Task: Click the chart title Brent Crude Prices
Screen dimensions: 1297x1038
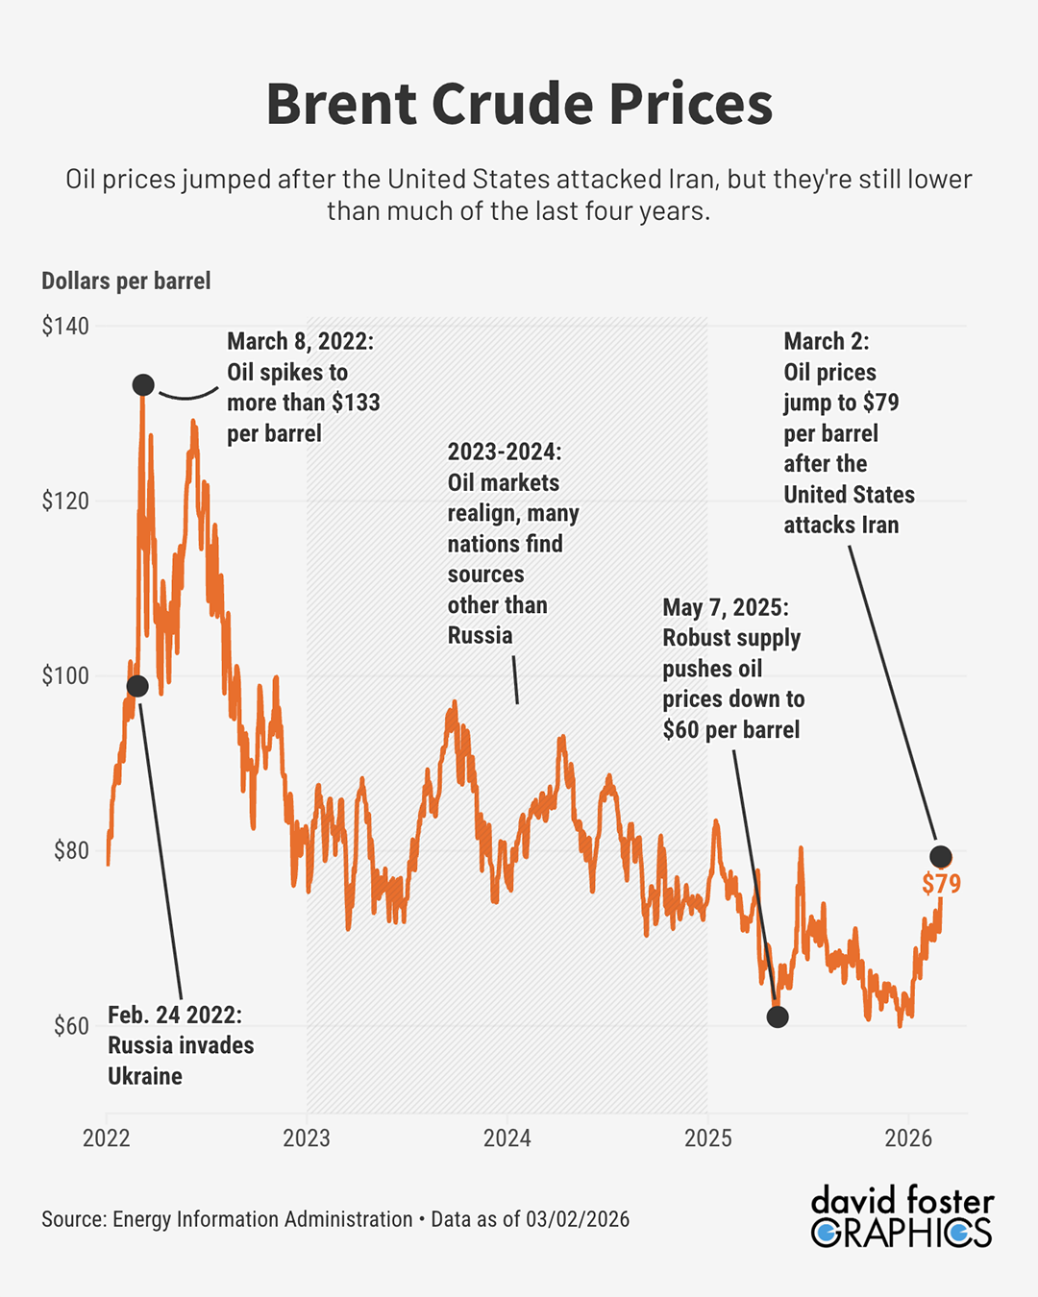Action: click(519, 104)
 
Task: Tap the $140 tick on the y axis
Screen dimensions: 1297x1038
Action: click(65, 327)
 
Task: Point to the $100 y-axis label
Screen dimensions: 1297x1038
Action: click(65, 675)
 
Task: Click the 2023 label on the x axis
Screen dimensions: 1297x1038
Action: click(307, 1138)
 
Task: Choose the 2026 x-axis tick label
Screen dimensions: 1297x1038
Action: click(908, 1138)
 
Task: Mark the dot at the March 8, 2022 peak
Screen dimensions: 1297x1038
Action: click(143, 385)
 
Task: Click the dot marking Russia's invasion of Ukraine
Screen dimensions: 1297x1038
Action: click(137, 686)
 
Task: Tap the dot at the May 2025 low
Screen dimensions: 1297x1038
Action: click(778, 1016)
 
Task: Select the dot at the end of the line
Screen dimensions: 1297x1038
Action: click(941, 856)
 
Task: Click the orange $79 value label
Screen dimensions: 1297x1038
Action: click(941, 884)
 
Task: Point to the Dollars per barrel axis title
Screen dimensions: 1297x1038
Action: click(126, 281)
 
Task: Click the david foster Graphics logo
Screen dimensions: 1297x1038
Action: click(902, 1216)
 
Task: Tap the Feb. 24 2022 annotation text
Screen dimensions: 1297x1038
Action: click(175, 1016)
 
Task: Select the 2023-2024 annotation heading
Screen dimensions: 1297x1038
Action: click(505, 452)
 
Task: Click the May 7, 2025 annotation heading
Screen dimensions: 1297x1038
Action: click(726, 607)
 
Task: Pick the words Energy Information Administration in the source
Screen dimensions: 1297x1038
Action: click(262, 1219)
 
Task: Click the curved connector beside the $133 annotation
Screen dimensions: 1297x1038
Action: click(188, 394)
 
